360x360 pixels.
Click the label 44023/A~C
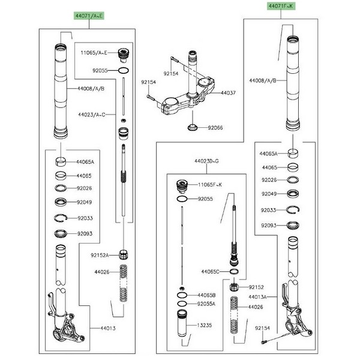(92, 113)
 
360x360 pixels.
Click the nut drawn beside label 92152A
(124, 253)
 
